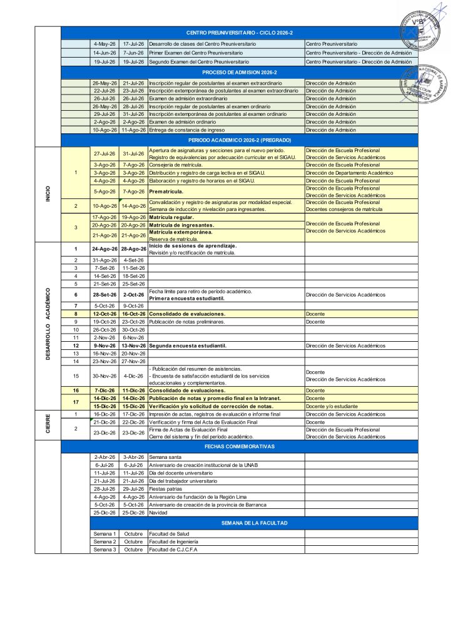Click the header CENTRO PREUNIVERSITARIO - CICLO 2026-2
tap(240, 33)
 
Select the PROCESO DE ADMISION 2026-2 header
tap(240, 73)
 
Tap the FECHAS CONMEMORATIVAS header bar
tap(240, 447)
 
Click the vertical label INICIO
tap(48, 194)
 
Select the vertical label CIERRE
tap(48, 425)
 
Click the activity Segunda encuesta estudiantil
tap(187, 346)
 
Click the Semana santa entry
tap(163, 457)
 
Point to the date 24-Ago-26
tap(104, 249)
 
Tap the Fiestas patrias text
tap(163, 488)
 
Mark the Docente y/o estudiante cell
tap(330, 406)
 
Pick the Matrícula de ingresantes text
tap(181, 225)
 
